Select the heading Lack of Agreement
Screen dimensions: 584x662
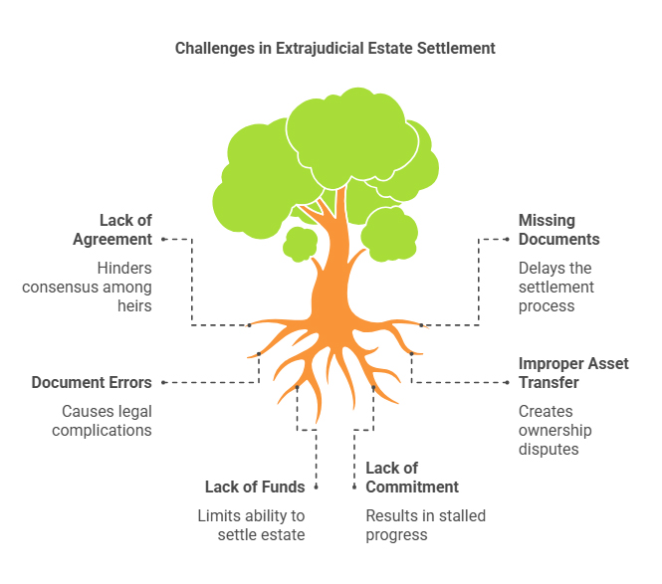(x=111, y=230)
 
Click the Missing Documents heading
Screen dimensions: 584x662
(x=558, y=230)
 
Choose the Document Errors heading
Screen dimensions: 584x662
(x=92, y=382)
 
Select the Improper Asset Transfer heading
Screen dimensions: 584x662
(x=572, y=373)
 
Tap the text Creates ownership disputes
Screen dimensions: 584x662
(x=554, y=430)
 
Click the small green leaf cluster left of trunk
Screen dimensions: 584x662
(x=299, y=243)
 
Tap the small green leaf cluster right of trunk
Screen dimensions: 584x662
(x=388, y=231)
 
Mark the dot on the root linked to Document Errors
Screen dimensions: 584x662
(x=259, y=353)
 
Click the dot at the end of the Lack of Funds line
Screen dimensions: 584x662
(x=317, y=487)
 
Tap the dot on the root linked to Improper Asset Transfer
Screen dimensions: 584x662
(x=411, y=353)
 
